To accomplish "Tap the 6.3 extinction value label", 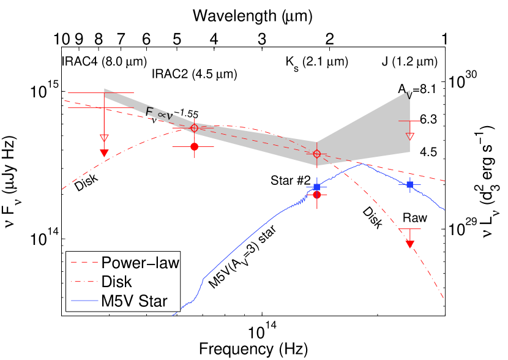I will point(428,120).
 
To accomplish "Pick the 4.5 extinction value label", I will point(428,152).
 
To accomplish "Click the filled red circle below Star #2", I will point(317,195).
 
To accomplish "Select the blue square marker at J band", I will point(410,184).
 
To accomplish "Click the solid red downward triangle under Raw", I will point(410,244).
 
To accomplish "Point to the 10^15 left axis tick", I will point(44,92).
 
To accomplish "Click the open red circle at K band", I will point(317,153).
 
